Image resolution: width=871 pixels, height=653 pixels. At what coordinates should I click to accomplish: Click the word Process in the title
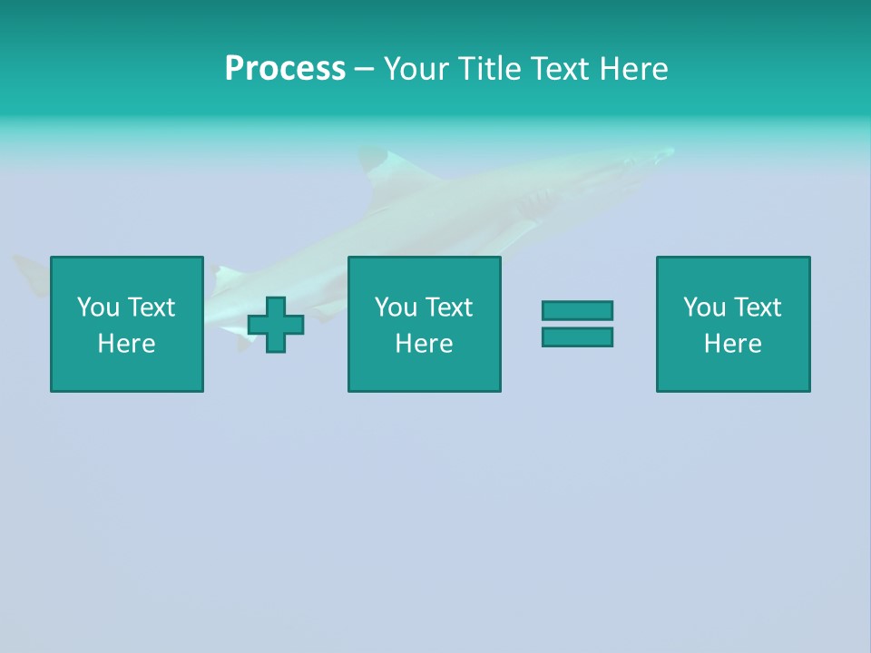pos(285,69)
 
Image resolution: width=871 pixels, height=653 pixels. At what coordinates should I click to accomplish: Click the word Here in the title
pos(634,69)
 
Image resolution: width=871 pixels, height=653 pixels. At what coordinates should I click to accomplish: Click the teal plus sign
pos(276,324)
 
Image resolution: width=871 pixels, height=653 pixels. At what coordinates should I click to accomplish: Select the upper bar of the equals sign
pos(577,310)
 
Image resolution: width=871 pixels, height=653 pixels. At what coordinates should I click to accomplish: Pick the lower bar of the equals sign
pos(577,336)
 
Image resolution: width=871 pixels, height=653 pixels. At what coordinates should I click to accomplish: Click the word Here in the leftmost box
pos(127,344)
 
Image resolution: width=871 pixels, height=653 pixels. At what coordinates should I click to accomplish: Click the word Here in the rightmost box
pos(733,344)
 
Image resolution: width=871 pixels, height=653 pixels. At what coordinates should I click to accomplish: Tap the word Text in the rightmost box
pos(758,307)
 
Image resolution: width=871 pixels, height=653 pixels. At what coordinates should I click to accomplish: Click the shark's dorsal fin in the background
pos(374,163)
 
